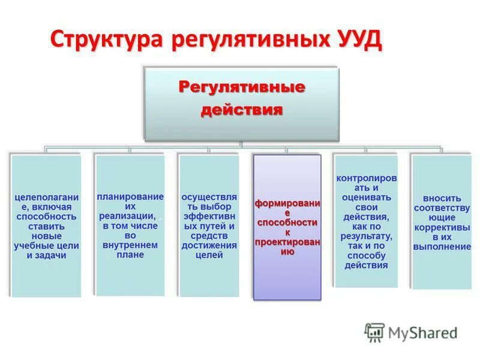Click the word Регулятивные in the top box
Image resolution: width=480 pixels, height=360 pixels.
coord(242,88)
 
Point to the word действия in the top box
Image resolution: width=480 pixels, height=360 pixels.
coord(242,110)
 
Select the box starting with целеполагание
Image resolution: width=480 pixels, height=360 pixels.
coord(46,225)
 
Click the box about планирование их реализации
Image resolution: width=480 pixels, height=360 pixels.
coord(130,225)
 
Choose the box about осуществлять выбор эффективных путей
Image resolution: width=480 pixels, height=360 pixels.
coord(209,225)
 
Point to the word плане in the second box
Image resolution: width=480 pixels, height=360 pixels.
coord(131,254)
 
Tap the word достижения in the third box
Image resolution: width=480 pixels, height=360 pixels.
coord(209,245)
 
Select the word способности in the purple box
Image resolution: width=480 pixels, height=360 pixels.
coord(287,223)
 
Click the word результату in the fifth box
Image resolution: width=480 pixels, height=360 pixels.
coord(366,236)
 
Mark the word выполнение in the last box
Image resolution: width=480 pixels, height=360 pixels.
coord(442,247)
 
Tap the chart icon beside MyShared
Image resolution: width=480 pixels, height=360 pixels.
coord(374,332)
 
